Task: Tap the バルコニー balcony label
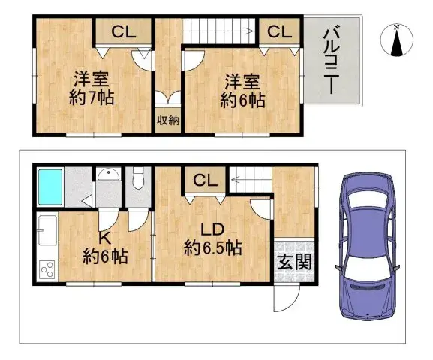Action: (x=329, y=61)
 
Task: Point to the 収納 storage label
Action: (x=167, y=121)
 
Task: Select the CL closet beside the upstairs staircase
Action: (x=280, y=31)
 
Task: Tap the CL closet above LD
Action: (x=203, y=180)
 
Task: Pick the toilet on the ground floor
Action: (x=138, y=181)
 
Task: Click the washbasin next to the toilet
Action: (x=109, y=175)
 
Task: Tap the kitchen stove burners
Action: (x=45, y=267)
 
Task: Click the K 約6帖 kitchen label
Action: (x=104, y=248)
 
